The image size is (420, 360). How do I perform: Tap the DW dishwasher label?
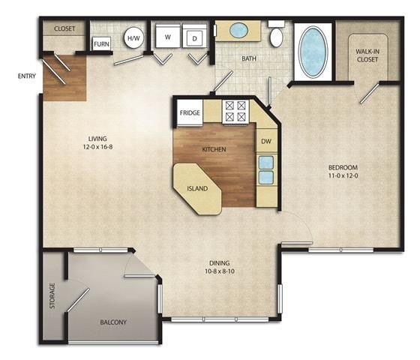coord(265,141)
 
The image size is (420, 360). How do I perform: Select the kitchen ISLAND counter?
coord(197,188)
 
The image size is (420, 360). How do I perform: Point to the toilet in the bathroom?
coord(276,36)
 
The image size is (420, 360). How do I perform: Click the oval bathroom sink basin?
coord(239,31)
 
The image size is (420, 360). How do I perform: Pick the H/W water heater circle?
coord(134,37)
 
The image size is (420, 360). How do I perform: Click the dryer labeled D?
coord(195,37)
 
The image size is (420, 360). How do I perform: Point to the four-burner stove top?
coord(235,111)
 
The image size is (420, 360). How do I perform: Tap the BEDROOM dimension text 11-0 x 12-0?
coord(341,176)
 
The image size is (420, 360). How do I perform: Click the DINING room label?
coord(220,263)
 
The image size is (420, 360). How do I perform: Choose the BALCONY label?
coord(113,322)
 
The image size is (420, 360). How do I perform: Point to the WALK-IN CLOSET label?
coord(367,55)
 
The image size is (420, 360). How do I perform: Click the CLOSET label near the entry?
coord(64,28)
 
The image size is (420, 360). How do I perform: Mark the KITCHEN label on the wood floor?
coord(214,149)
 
